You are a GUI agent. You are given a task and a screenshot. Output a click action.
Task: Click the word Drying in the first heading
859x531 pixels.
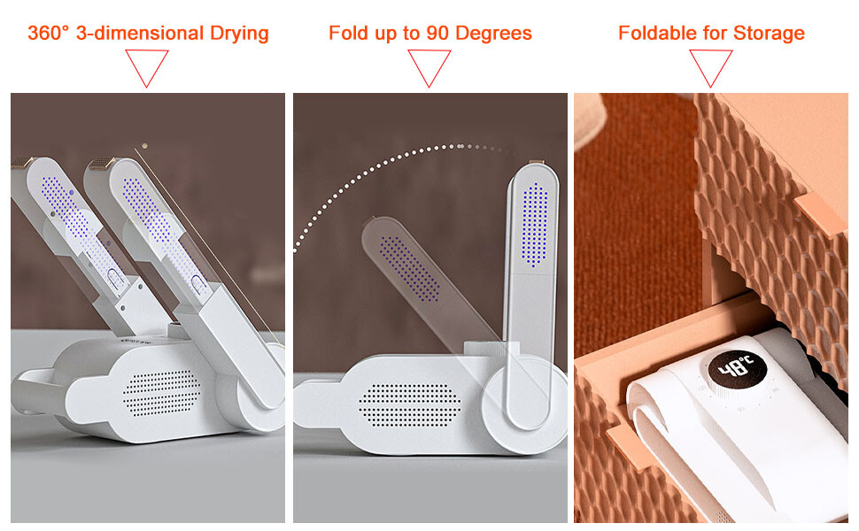tap(239, 34)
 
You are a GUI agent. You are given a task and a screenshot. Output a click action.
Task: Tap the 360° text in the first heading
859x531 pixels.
tap(49, 33)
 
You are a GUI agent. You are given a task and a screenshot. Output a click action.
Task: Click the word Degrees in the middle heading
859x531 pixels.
tap(493, 34)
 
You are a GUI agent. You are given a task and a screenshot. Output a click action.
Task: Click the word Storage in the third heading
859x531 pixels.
tap(769, 34)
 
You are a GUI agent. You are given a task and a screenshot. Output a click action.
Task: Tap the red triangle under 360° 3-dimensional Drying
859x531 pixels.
tap(146, 68)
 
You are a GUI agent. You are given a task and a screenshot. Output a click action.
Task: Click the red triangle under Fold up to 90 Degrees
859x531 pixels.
tap(429, 68)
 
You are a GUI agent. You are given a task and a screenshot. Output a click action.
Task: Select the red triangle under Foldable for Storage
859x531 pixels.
tap(710, 68)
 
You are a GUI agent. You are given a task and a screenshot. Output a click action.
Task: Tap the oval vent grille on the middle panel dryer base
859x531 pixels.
tap(410, 405)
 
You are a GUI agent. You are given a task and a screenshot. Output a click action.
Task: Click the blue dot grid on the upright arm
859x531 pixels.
tap(534, 225)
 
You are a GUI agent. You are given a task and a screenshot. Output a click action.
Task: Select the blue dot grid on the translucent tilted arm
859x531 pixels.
tap(410, 269)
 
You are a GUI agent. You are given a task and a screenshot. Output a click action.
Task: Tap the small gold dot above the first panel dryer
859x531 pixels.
tap(144, 146)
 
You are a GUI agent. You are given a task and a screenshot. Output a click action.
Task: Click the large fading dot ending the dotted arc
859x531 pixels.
tap(460, 146)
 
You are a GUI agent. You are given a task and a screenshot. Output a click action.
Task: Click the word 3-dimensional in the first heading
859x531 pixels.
tap(140, 33)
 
